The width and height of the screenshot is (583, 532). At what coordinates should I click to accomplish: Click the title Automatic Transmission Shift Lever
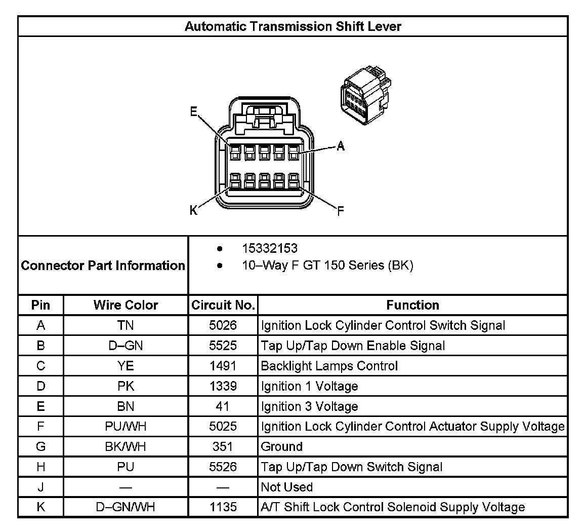click(x=293, y=26)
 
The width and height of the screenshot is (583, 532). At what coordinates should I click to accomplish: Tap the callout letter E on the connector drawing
click(x=194, y=112)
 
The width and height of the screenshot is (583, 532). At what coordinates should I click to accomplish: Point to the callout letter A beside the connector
click(x=341, y=146)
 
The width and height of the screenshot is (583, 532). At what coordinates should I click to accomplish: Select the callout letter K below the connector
click(x=194, y=210)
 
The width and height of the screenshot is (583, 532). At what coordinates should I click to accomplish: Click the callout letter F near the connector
click(x=340, y=211)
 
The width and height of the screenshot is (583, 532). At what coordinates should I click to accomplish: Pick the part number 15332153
click(x=270, y=249)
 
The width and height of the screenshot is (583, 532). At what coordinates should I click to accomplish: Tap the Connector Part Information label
click(x=103, y=265)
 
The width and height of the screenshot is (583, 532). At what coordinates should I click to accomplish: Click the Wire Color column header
click(x=126, y=305)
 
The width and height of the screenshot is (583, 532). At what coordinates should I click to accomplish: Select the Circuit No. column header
click(x=223, y=305)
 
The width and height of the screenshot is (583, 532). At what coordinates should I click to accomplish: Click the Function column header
click(x=412, y=305)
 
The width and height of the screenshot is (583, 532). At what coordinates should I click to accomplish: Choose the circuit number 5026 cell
click(x=223, y=325)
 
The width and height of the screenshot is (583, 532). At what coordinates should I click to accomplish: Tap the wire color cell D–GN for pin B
click(x=126, y=346)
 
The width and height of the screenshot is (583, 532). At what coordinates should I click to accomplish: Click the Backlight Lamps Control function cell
click(x=329, y=366)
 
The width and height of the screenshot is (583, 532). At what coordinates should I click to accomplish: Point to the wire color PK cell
click(x=126, y=386)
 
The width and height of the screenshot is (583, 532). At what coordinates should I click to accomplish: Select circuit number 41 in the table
click(x=223, y=406)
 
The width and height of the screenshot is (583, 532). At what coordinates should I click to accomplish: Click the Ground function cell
click(x=282, y=447)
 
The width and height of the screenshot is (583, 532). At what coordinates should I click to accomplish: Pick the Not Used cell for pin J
click(x=286, y=487)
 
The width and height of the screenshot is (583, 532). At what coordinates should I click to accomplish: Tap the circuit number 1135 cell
click(x=223, y=507)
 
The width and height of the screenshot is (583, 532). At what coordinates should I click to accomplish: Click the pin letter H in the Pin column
click(x=41, y=467)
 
